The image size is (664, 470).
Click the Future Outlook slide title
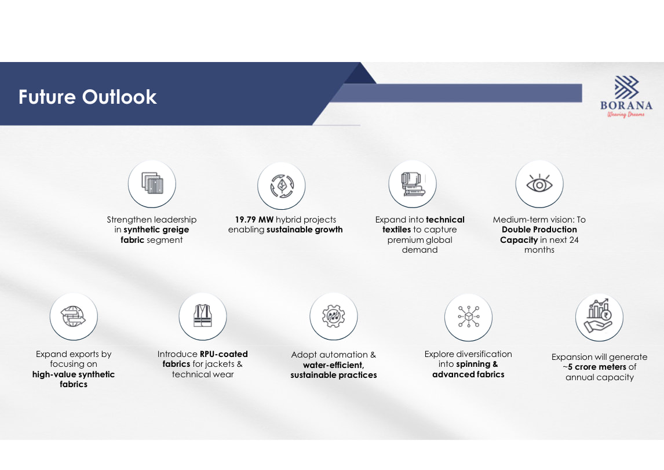[x=87, y=97]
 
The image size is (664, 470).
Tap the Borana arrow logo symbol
[x=626, y=88]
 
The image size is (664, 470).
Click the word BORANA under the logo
[x=626, y=105]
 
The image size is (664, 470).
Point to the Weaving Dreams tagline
[x=626, y=114]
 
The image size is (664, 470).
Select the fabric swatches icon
[x=152, y=183]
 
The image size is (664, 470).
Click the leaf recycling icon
[x=282, y=186]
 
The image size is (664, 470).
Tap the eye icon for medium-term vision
[x=539, y=183]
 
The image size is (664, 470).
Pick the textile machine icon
[x=413, y=184]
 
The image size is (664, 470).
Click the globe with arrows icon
[x=74, y=316]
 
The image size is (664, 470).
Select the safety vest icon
[x=203, y=315]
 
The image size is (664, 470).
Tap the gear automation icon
[x=334, y=316]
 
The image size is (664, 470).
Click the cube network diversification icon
[x=468, y=317]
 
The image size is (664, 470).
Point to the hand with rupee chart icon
[x=599, y=315]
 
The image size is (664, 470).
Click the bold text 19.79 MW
[x=254, y=220]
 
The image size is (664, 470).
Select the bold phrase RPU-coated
[x=224, y=354]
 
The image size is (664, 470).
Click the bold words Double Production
[x=539, y=229]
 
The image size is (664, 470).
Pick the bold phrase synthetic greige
[x=156, y=229]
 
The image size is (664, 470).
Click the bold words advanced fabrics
[x=468, y=374]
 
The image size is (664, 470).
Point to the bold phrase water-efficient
[x=333, y=365]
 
